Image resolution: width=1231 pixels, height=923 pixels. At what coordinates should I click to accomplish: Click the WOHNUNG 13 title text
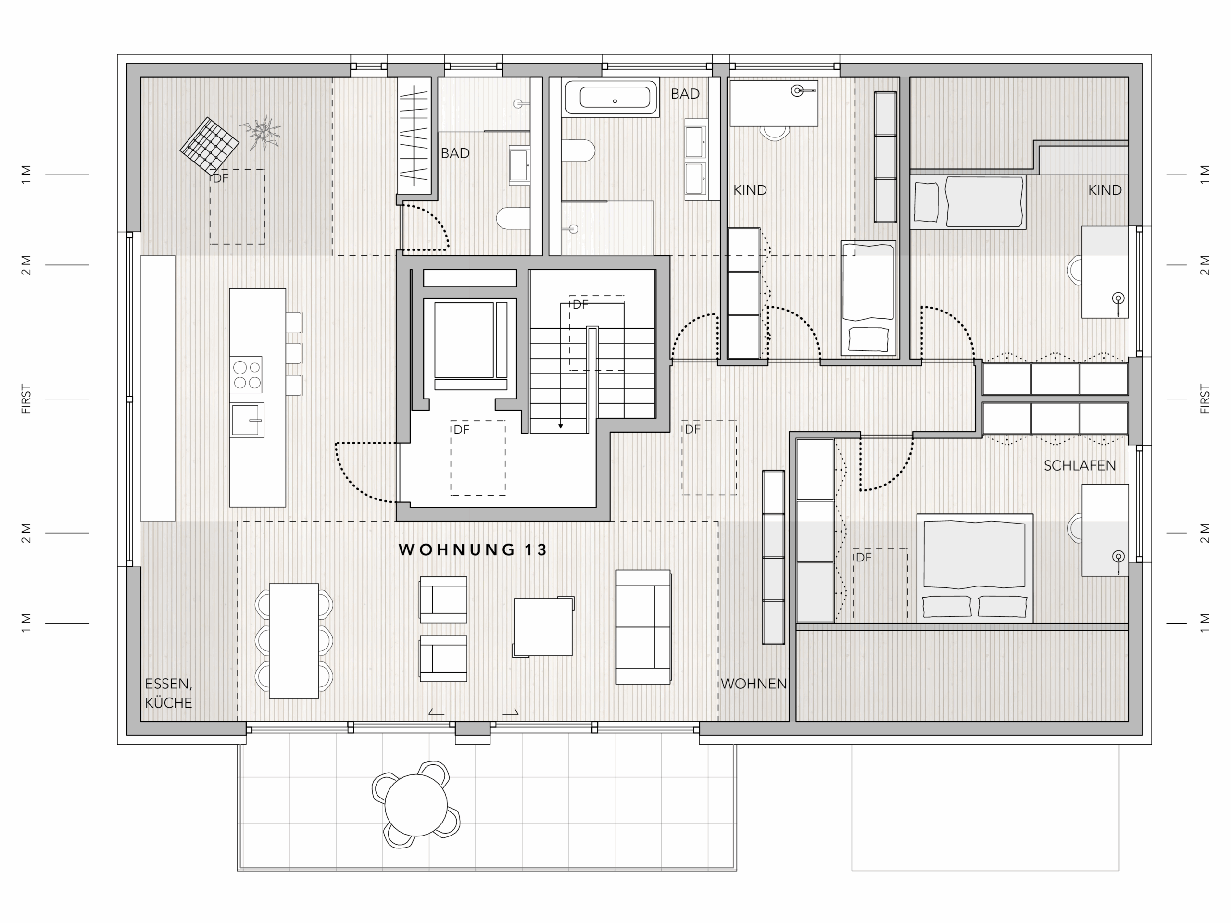click(x=473, y=549)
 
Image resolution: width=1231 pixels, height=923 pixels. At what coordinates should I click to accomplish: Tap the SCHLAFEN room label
click(x=1080, y=466)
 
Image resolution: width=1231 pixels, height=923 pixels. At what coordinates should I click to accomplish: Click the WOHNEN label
click(x=754, y=684)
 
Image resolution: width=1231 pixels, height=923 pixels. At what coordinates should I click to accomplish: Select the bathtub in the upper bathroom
click(x=611, y=98)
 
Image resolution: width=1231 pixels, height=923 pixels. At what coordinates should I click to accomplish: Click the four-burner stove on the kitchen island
click(x=247, y=374)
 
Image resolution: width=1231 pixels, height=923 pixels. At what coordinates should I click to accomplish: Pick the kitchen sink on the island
click(x=247, y=420)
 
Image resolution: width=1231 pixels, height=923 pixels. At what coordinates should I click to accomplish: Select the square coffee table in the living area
click(x=543, y=627)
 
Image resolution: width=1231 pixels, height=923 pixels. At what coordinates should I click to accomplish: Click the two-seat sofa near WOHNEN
click(x=643, y=626)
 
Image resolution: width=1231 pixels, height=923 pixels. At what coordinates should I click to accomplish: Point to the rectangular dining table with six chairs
click(x=294, y=641)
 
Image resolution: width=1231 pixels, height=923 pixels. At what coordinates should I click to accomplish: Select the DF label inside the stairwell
click(x=580, y=304)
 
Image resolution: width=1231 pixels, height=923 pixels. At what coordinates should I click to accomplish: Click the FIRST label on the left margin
click(x=26, y=399)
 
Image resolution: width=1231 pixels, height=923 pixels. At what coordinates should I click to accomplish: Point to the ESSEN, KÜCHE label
click(x=169, y=693)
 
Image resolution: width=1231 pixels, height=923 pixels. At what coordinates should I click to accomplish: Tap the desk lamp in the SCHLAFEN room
click(x=1118, y=560)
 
